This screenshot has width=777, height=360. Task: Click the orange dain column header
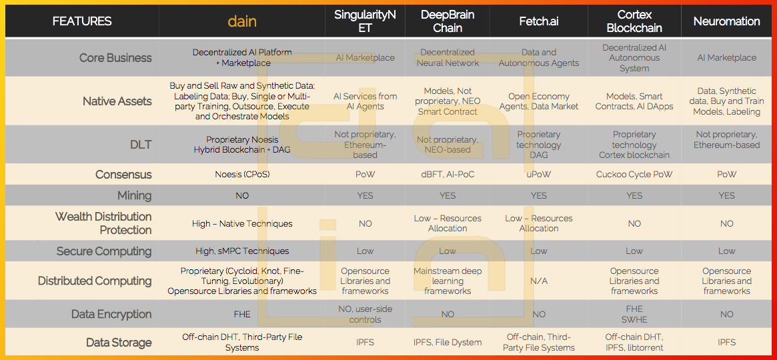[242, 21]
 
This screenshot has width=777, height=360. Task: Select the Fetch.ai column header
[539, 21]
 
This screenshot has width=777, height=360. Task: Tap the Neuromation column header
[726, 21]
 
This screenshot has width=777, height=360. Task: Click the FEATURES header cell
[82, 21]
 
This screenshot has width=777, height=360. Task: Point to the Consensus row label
[123, 174]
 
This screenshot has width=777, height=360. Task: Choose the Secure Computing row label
[104, 251]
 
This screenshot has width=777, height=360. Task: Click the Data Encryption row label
[111, 314]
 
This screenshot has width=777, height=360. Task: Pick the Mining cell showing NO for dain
[242, 195]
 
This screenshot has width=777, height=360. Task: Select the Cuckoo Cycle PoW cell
[634, 174]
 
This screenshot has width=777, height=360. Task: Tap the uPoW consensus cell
[539, 174]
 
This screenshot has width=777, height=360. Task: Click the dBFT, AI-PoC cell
[448, 174]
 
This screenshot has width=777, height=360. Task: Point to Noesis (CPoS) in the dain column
[242, 174]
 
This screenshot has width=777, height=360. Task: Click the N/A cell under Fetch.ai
[539, 281]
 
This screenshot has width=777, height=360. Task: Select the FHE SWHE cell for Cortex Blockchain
[634, 314]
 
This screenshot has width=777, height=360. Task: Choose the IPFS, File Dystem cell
[448, 342]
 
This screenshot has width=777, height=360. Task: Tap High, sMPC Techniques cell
[242, 251]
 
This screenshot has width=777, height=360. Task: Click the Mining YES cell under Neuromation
[726, 195]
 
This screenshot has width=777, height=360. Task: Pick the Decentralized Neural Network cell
[448, 57]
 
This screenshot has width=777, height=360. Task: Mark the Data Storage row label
[119, 342]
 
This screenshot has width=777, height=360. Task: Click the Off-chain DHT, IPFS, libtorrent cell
[634, 342]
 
